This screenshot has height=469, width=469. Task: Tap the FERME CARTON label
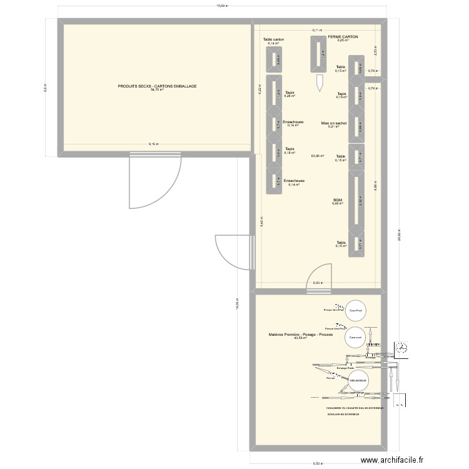(343, 37)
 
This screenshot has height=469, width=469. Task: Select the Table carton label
(273, 39)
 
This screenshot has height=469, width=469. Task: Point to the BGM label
(338, 200)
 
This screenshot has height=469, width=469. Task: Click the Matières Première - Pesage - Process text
(301, 335)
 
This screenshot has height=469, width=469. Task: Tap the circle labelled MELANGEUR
(358, 381)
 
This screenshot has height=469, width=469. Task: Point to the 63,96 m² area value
(317, 156)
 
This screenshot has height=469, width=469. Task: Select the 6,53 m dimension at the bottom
(318, 463)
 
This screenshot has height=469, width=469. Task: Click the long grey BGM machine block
(356, 201)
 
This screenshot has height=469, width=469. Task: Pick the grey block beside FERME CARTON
(319, 54)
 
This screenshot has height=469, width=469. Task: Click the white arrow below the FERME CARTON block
(319, 82)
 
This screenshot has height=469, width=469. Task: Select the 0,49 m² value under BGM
(338, 204)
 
